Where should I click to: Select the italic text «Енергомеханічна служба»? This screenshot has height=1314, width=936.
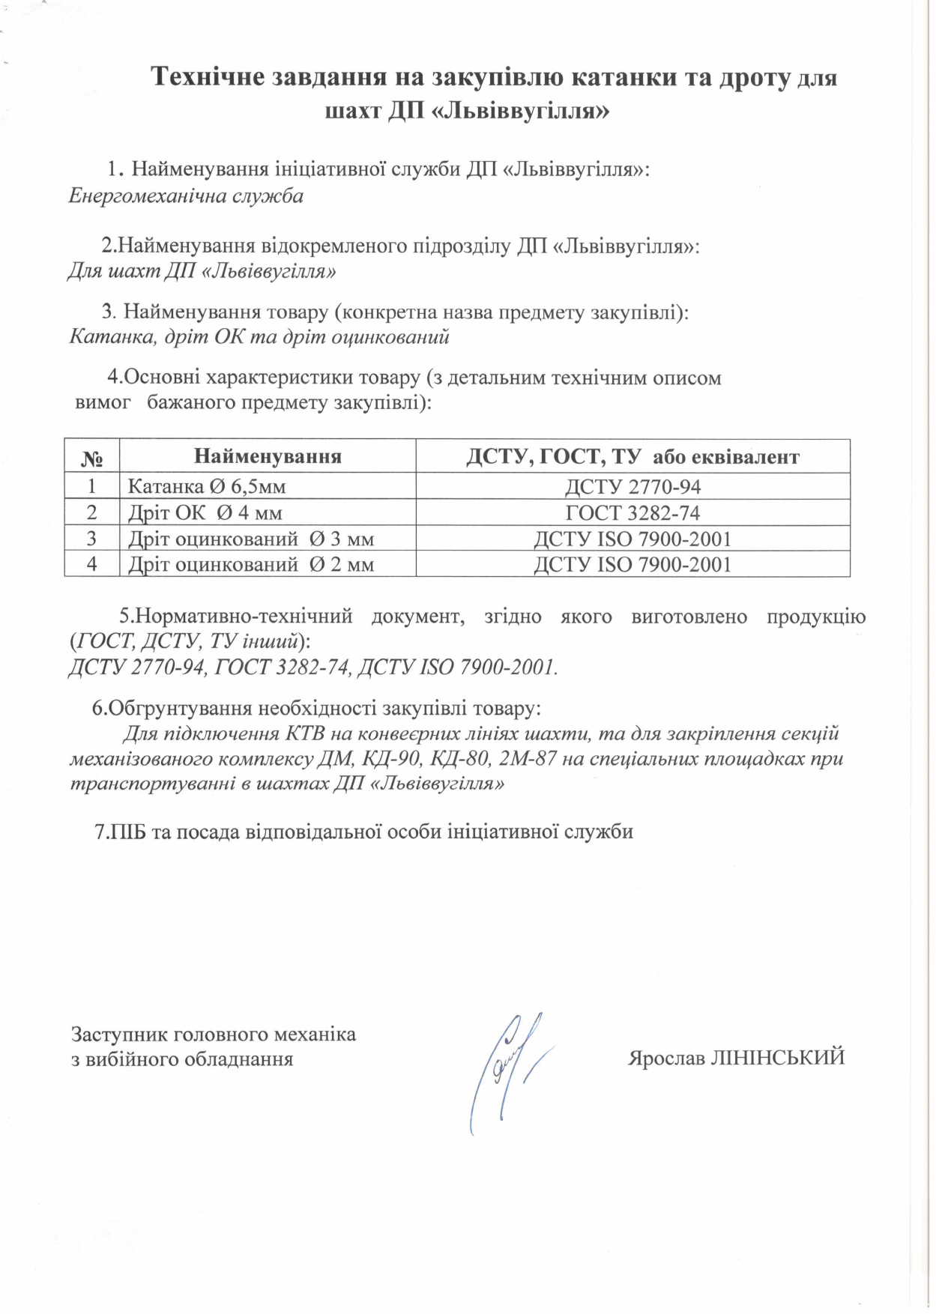186,196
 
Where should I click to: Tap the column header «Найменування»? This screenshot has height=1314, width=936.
268,456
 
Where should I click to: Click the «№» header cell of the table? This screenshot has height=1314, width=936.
91,457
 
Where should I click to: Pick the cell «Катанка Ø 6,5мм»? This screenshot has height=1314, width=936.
207,487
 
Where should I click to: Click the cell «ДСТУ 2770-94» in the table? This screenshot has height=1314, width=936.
632,487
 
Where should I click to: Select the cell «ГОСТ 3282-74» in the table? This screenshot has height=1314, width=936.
632,513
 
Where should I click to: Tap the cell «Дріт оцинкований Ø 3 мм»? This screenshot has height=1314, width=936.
250,539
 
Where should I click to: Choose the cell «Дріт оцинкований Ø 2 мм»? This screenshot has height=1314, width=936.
250,564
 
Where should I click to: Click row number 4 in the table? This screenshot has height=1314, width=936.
91,564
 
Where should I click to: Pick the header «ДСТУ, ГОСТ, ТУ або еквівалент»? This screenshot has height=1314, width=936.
632,456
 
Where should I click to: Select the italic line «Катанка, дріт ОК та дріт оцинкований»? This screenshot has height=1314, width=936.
259,336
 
